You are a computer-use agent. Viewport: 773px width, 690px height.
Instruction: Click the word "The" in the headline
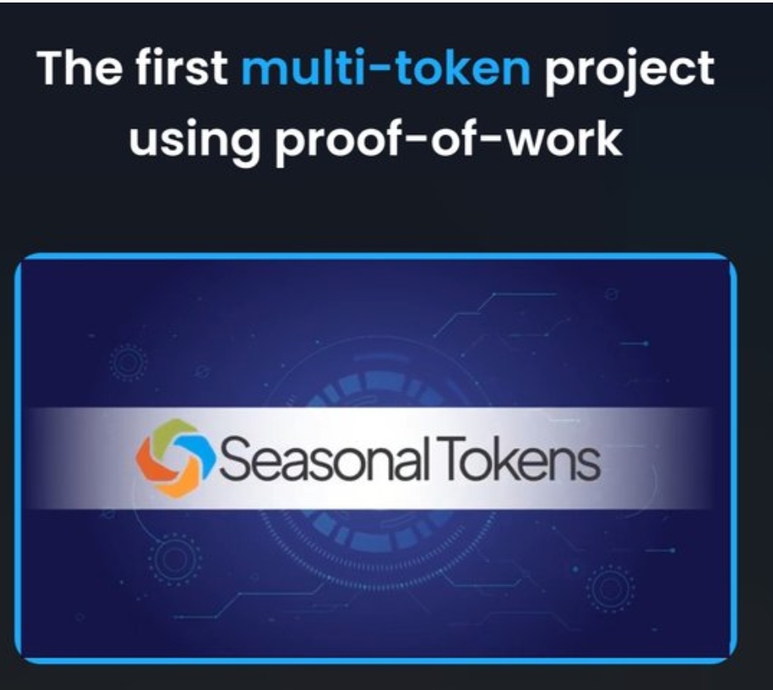(x=80, y=68)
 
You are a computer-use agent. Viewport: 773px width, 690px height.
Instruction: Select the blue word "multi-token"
(x=386, y=67)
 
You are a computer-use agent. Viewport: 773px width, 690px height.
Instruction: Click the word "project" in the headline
(x=629, y=72)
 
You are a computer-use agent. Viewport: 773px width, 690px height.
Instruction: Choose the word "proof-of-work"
(x=448, y=139)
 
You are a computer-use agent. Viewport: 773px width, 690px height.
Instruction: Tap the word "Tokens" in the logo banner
(x=522, y=459)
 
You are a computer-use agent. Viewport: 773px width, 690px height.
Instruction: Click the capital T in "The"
(x=51, y=69)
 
